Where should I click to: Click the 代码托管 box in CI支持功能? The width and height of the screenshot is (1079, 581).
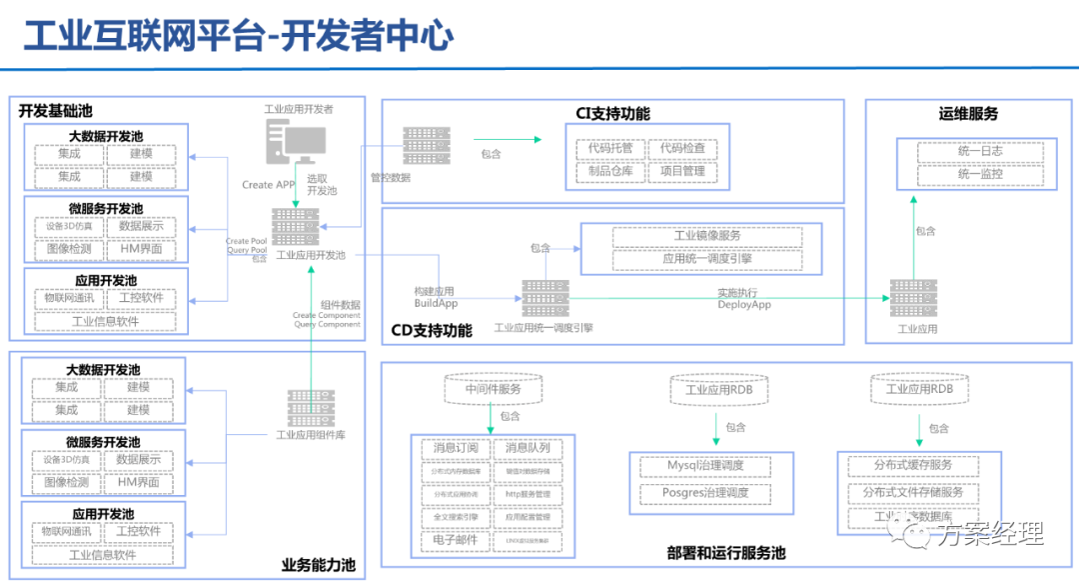[607, 149]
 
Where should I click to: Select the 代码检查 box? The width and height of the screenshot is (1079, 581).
[682, 149]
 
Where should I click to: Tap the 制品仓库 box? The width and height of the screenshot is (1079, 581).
[607, 171]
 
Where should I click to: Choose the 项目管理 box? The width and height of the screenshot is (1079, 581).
[682, 171]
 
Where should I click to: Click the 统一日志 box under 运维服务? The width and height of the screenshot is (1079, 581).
[980, 152]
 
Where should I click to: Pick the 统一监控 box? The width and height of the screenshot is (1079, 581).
[980, 174]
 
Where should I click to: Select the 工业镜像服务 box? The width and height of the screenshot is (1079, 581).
[707, 237]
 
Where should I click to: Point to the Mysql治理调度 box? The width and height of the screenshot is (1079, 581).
[705, 466]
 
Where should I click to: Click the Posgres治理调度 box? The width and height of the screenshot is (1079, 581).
[705, 493]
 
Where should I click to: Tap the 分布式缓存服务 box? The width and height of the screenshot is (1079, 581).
[913, 466]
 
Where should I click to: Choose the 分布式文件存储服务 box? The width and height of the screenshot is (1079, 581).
[913, 493]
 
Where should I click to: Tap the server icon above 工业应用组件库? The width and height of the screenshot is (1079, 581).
[311, 408]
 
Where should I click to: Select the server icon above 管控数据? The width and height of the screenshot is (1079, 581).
[427, 146]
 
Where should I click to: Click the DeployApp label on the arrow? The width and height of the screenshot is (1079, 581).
[744, 305]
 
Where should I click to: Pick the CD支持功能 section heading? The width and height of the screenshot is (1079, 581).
[432, 330]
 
